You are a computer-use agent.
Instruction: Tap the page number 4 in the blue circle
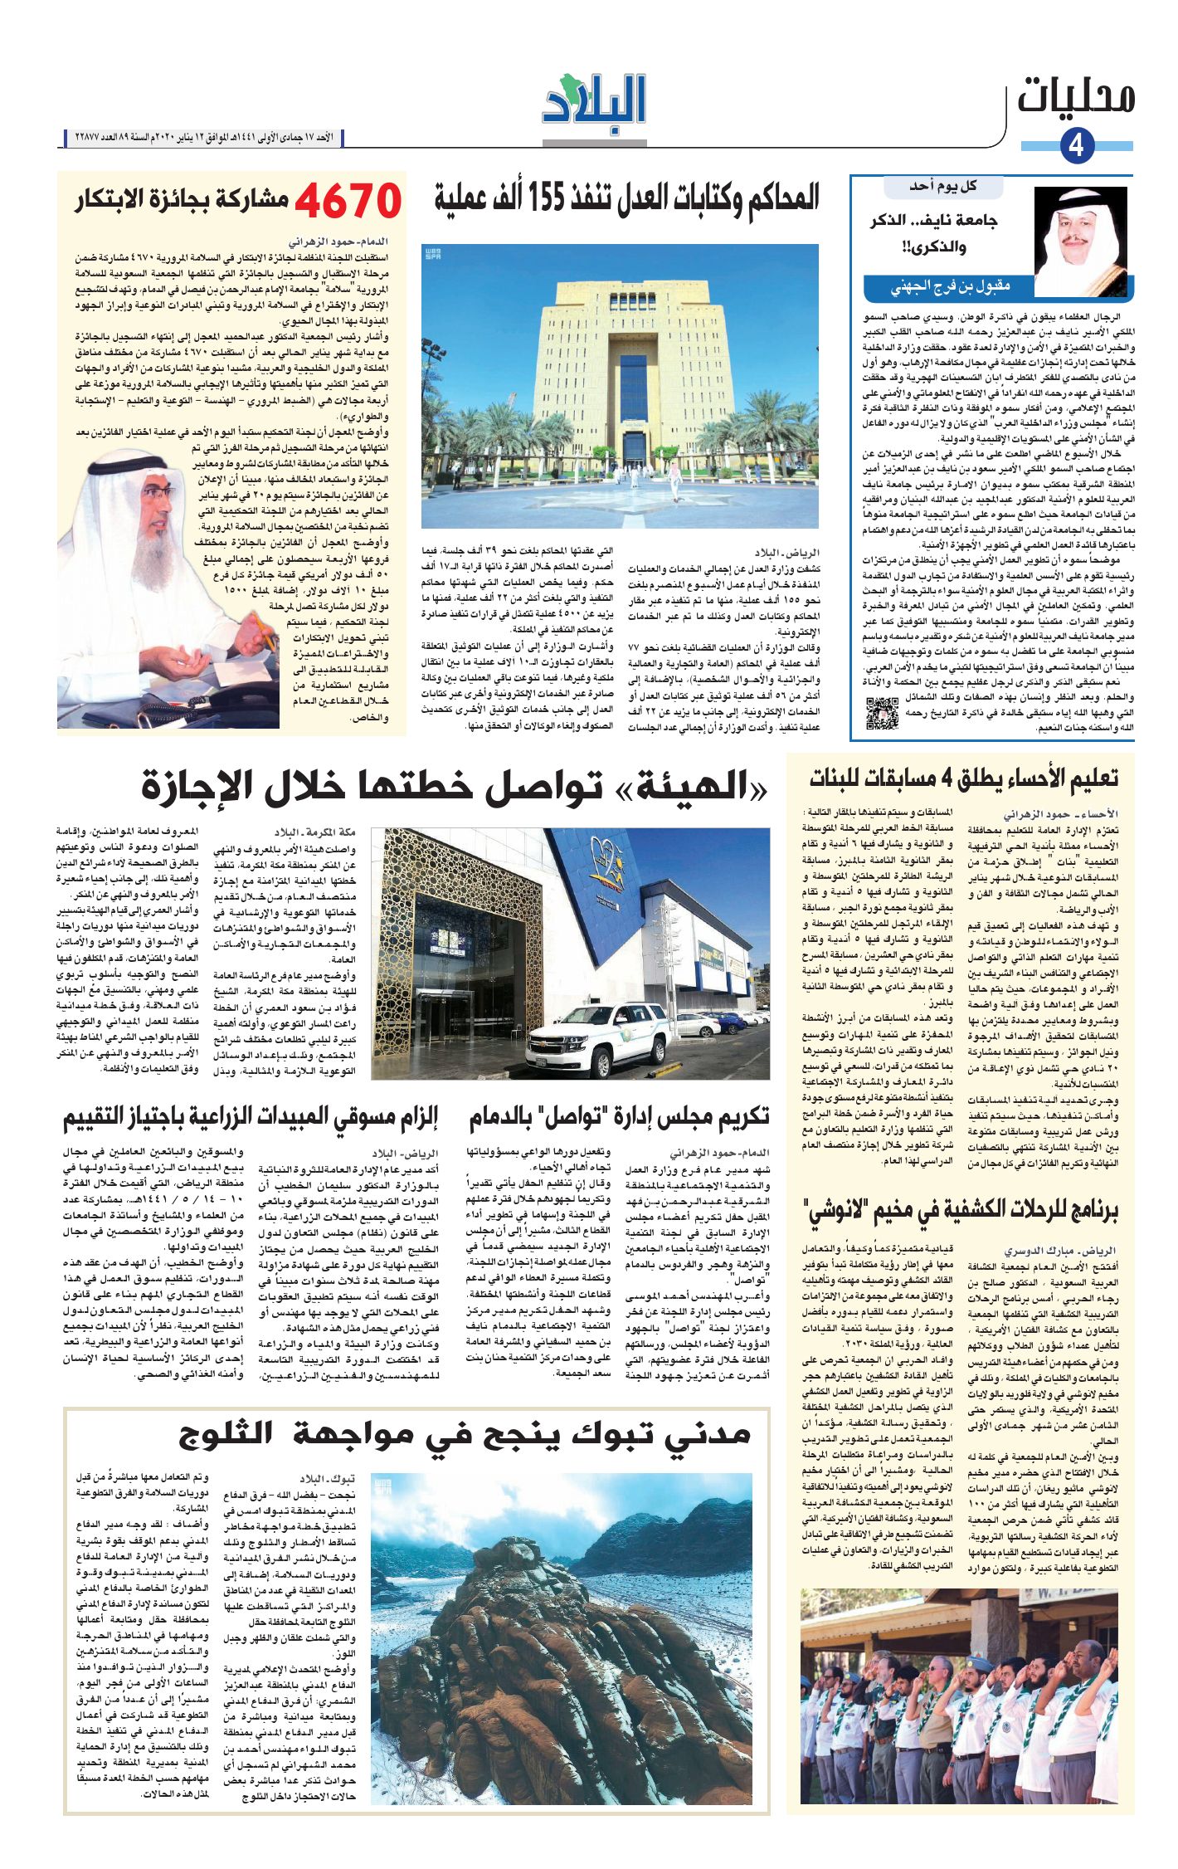[x=1076, y=146]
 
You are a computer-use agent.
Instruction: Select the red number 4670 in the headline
[x=348, y=200]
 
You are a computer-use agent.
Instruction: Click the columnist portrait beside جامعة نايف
[x=1080, y=241]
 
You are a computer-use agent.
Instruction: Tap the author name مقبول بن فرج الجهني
[x=950, y=287]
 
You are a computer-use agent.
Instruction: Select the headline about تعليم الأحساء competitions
[x=963, y=778]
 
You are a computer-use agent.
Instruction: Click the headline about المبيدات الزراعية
[x=251, y=1117]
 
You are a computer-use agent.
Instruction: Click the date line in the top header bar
[x=203, y=137]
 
